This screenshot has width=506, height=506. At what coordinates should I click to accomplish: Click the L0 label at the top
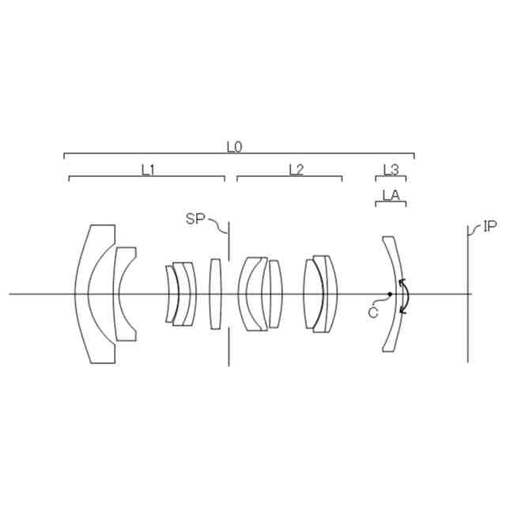(x=234, y=147)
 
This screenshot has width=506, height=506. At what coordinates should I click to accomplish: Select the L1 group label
(x=148, y=170)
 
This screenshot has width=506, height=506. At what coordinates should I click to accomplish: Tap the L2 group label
(x=296, y=170)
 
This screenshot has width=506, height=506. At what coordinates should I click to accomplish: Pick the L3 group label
(x=391, y=170)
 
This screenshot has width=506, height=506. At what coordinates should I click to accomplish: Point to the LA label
(x=391, y=195)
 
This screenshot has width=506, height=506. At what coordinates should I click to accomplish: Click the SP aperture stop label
(x=195, y=219)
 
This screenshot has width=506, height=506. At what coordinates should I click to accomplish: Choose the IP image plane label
(x=490, y=227)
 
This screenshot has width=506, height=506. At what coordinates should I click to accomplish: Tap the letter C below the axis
(x=373, y=313)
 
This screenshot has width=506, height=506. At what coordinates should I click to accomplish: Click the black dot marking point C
(x=390, y=294)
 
